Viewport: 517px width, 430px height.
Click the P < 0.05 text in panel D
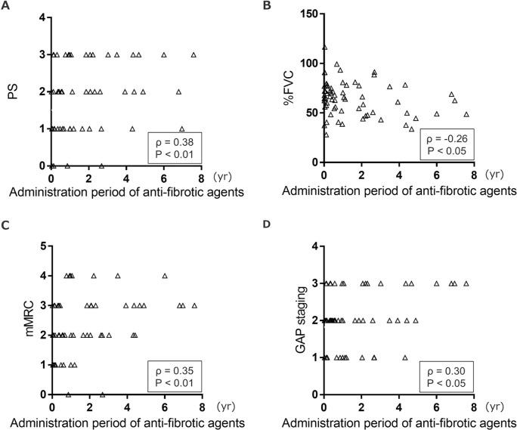point(447,383)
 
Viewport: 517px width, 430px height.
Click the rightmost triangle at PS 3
point(194,54)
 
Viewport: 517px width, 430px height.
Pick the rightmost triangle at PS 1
point(181,128)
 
